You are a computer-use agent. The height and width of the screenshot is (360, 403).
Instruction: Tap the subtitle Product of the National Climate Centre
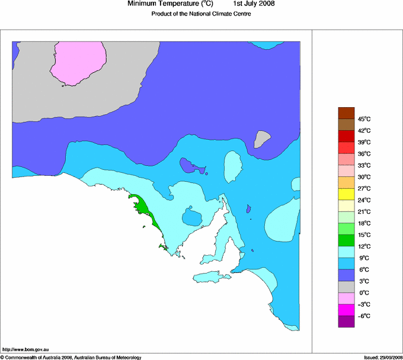click(201, 14)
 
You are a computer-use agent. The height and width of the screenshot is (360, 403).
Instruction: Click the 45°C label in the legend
click(363, 118)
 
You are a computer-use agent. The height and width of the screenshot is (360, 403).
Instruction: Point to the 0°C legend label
click(363, 292)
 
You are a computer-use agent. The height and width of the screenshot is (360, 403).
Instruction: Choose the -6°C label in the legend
click(363, 316)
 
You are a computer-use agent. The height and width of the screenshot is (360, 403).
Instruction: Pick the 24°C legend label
click(363, 200)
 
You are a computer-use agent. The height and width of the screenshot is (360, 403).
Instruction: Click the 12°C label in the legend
click(363, 246)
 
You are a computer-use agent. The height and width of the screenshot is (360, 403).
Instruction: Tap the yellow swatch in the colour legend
click(346, 194)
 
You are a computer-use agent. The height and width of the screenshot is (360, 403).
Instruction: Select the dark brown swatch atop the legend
click(346, 112)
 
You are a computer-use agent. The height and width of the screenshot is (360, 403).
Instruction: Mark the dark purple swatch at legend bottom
click(346, 322)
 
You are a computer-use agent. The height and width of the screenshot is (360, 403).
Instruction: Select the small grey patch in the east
click(261, 140)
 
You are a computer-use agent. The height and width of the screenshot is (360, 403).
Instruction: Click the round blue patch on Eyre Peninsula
click(191, 217)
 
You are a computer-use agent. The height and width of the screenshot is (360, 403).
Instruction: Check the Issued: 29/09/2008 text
click(383, 357)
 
